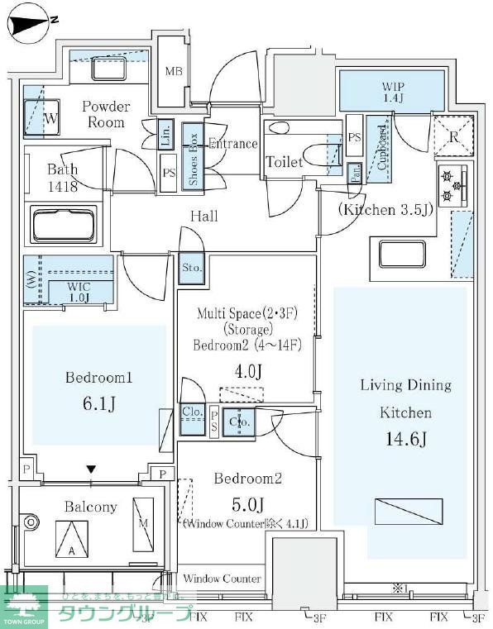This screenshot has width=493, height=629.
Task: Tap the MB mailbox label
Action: click(x=174, y=72)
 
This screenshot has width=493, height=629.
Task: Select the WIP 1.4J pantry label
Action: click(x=392, y=91)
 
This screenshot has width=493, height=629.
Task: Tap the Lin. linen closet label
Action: click(x=166, y=135)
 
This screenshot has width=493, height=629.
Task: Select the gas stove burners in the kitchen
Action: click(x=452, y=185)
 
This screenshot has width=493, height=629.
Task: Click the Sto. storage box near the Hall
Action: click(x=189, y=269)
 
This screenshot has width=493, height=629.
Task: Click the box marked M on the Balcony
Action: click(x=142, y=525)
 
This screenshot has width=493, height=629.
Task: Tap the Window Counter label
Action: click(x=222, y=579)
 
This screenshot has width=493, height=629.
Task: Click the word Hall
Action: click(x=203, y=217)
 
